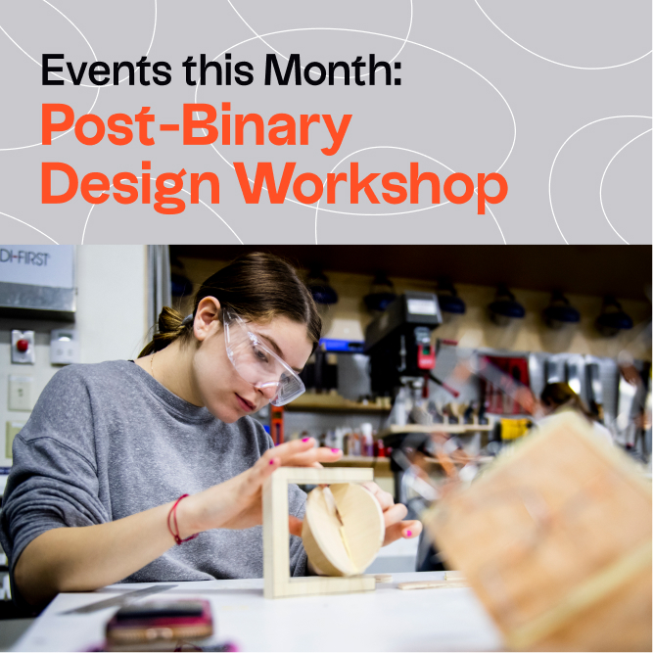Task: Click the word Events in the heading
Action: click(x=106, y=70)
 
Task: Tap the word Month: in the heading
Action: click(x=332, y=70)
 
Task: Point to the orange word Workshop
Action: click(x=371, y=187)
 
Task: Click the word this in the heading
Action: click(x=217, y=70)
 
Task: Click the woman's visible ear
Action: click(x=207, y=317)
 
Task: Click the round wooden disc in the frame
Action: click(x=344, y=529)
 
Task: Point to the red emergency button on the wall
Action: click(x=23, y=346)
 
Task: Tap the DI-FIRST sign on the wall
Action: click(x=36, y=266)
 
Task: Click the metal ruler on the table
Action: click(x=119, y=599)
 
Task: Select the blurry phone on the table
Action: click(x=160, y=622)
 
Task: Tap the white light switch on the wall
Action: click(x=21, y=394)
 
